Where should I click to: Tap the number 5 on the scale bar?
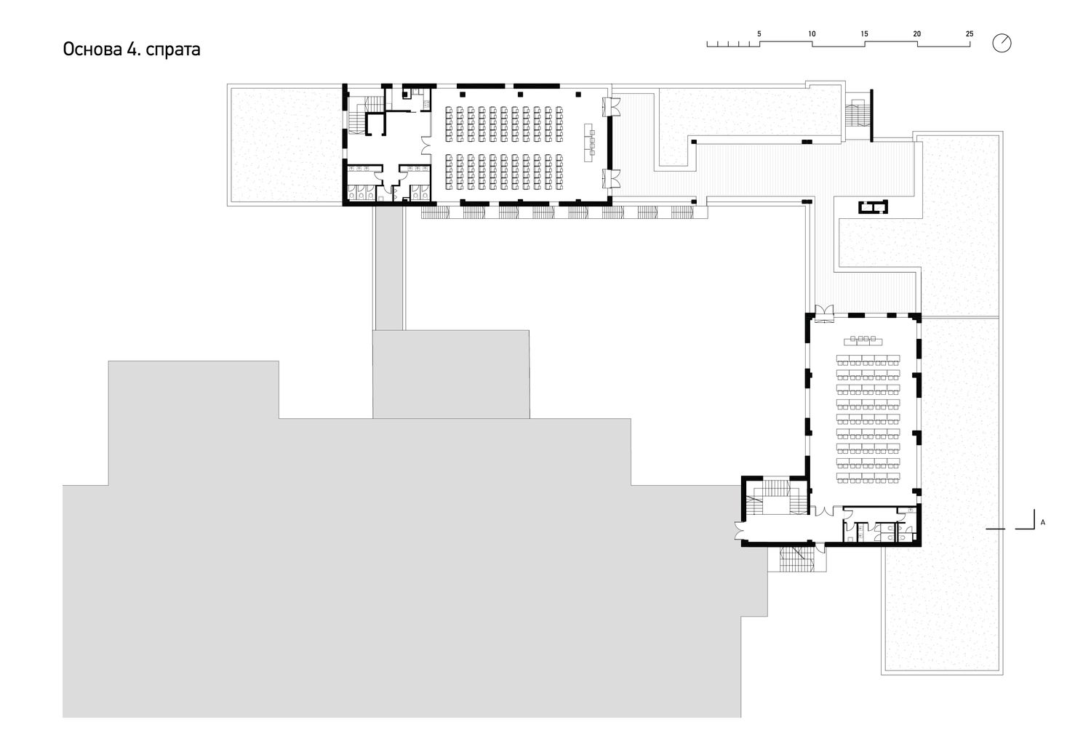[x=759, y=34]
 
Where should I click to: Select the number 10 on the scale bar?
[x=812, y=34]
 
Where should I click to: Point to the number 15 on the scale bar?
[x=864, y=34]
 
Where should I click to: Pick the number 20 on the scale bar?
[x=916, y=34]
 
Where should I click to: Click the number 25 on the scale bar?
[x=970, y=34]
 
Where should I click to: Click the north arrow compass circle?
[x=1002, y=43]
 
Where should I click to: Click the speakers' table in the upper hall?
[x=590, y=143]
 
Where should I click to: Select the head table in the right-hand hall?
[x=863, y=340]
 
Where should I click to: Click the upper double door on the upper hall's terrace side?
[x=611, y=107]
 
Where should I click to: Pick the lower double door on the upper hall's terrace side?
[x=611, y=178]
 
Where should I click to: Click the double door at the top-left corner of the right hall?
[x=824, y=313]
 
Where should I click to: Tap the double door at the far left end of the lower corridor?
[x=741, y=530]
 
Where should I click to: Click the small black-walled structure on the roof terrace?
[x=873, y=207]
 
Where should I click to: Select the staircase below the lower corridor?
[x=796, y=558]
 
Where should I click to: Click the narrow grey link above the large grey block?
[x=389, y=268]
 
